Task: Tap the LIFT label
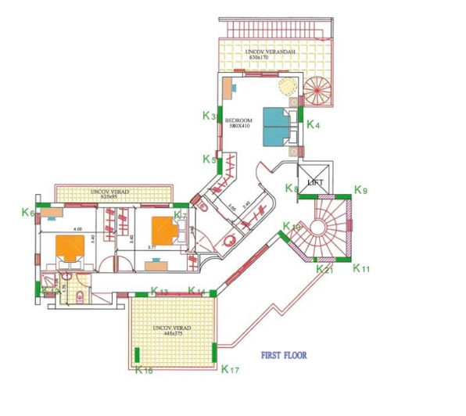315,181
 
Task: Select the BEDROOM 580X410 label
238,124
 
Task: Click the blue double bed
275,125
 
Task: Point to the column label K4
313,124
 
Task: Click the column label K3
208,116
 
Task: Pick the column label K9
360,189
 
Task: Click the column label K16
144,370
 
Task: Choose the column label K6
28,212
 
